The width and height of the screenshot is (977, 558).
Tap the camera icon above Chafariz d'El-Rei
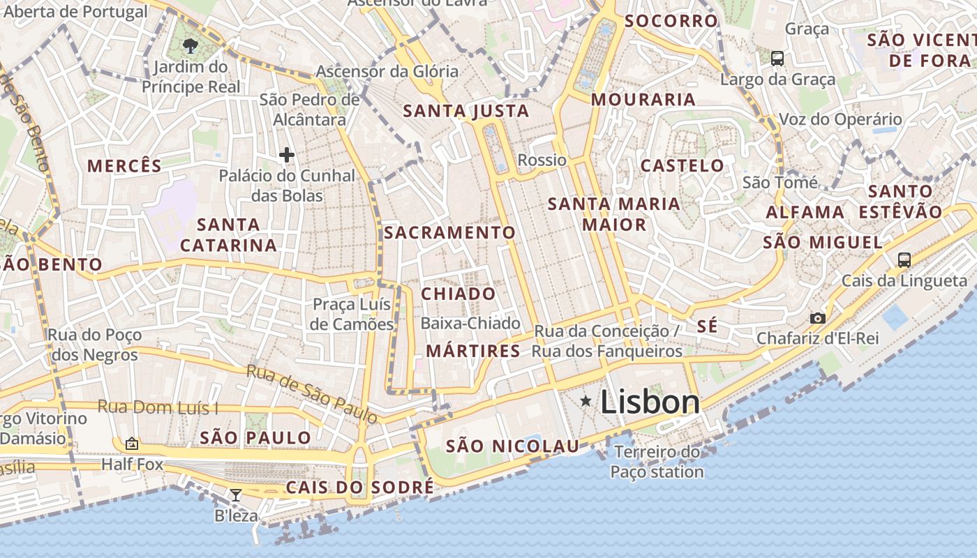(817, 318)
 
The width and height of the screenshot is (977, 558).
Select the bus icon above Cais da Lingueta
(904, 260)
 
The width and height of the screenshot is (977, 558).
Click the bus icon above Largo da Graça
(777, 59)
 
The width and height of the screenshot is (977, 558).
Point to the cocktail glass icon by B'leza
(236, 495)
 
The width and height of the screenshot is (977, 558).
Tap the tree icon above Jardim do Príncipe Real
(190, 47)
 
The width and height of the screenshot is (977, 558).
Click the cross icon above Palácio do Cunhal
(286, 155)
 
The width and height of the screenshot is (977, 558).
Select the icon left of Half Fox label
(131, 444)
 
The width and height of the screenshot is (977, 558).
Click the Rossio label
(542, 160)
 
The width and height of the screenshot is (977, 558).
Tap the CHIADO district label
(458, 294)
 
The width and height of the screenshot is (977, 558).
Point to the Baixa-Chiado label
(470, 324)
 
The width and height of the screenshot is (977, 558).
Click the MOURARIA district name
(643, 100)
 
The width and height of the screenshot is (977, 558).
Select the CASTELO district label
(682, 166)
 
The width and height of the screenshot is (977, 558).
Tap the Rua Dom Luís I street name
(158, 407)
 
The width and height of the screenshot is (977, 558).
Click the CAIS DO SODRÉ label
(359, 487)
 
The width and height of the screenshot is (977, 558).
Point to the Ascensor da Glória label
(387, 71)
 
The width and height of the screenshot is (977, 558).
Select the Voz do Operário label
(840, 119)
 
